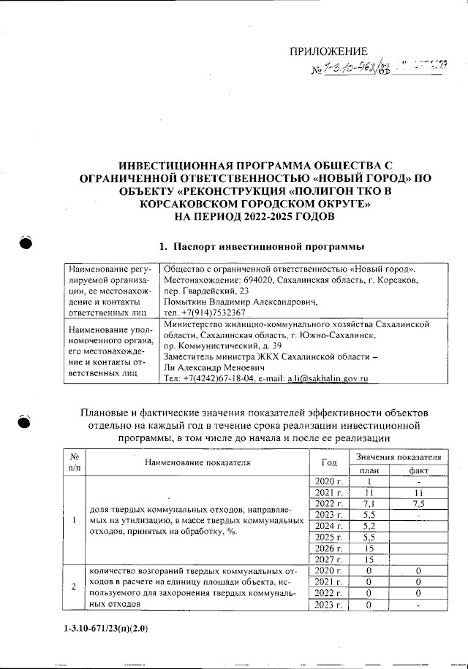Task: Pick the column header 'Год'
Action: tap(329, 462)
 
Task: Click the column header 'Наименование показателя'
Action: tap(197, 462)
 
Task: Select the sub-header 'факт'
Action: tap(418, 470)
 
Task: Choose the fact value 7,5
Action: tap(418, 504)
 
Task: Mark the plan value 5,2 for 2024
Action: tap(370, 526)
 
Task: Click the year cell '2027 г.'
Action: tap(329, 559)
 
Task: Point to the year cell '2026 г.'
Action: tap(329, 548)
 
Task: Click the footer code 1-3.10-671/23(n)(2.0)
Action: tap(106, 627)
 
